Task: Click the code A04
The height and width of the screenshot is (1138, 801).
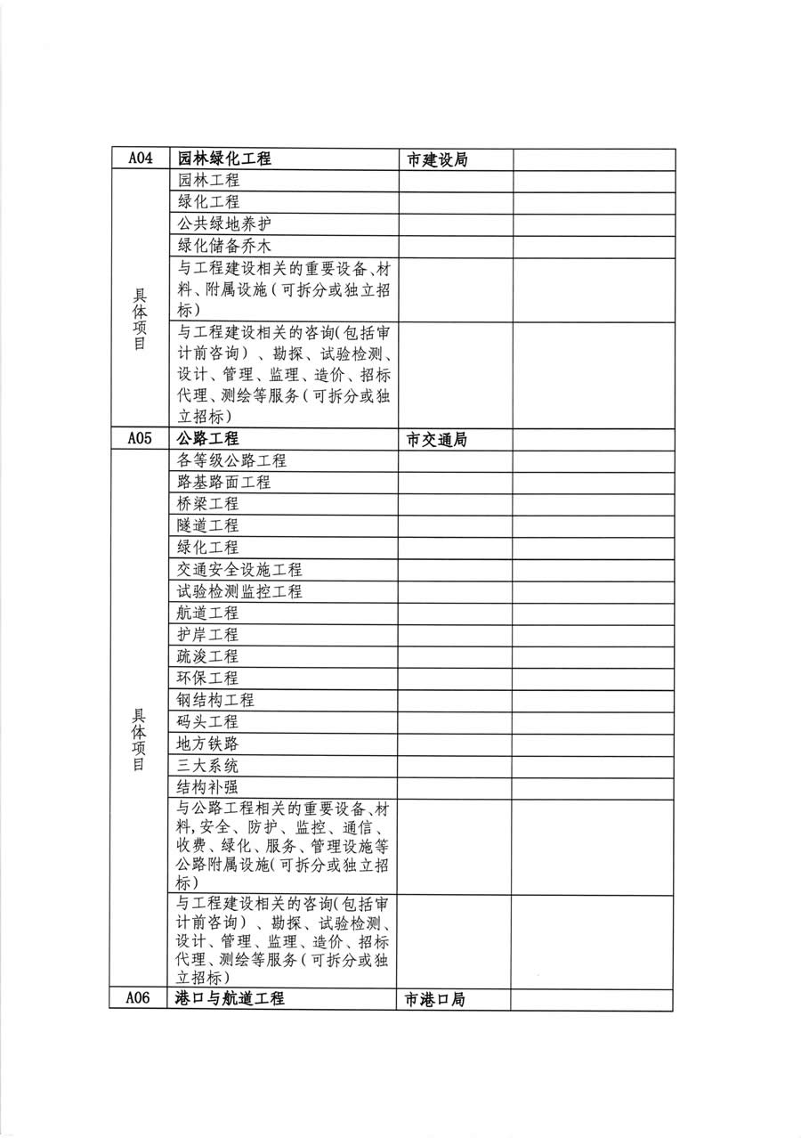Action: tap(141, 159)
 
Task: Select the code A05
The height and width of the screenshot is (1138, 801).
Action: tap(141, 439)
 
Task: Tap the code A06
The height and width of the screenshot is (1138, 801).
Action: tap(138, 998)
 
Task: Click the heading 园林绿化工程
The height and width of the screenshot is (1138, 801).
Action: tap(224, 159)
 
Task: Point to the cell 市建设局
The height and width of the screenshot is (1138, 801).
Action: tap(437, 160)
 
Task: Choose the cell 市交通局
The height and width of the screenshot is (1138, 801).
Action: tap(437, 440)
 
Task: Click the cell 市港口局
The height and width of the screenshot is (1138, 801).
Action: tap(435, 999)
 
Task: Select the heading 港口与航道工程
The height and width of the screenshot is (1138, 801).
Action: tap(231, 998)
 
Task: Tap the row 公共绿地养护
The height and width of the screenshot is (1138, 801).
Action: tap(224, 224)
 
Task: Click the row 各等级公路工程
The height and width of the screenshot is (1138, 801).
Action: tap(232, 461)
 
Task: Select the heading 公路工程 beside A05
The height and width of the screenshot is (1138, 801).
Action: tap(208, 439)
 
